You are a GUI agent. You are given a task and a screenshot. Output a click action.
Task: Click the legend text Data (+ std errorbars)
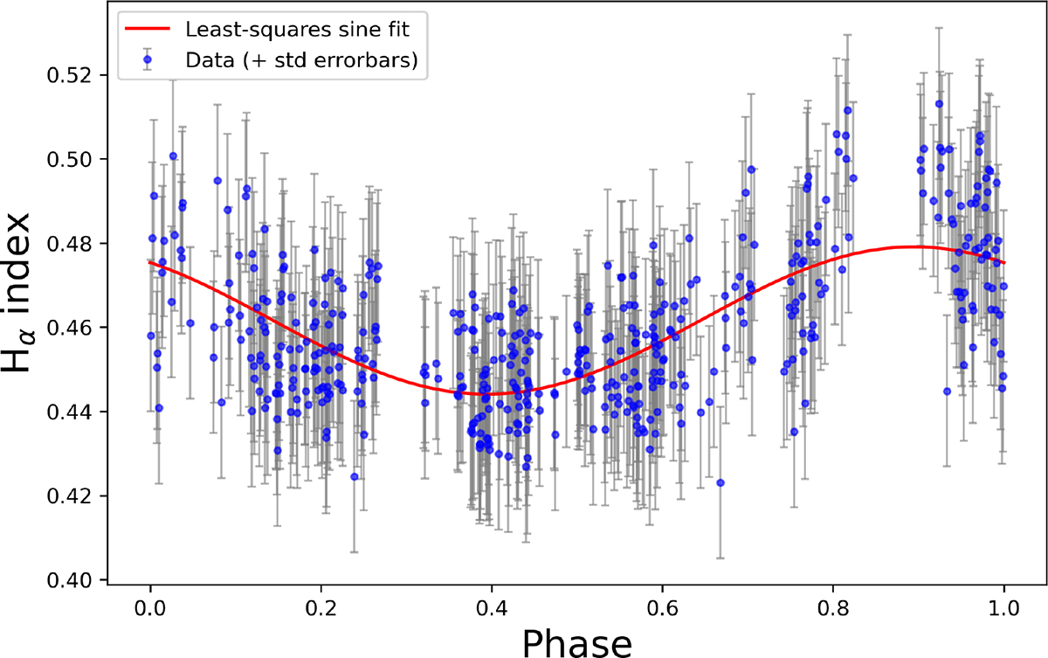point(302,59)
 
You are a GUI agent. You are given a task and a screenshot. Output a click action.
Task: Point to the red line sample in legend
point(147,29)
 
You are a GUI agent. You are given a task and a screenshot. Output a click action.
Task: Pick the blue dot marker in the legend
point(147,59)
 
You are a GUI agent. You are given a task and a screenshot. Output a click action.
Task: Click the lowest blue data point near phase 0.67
point(720,482)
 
